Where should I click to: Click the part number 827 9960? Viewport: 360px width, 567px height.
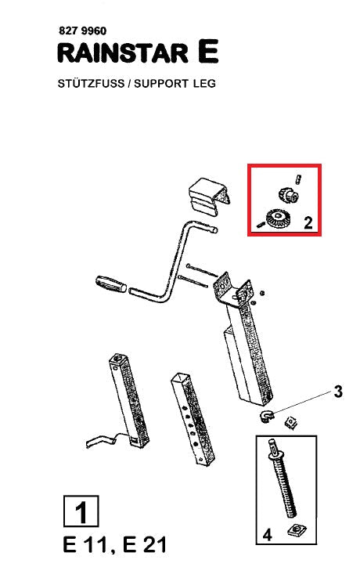[x=82, y=31]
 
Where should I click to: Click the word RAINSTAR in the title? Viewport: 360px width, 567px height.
[x=123, y=53]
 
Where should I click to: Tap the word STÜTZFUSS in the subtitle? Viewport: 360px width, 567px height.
[x=91, y=83]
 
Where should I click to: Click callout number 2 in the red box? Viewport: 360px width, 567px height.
[x=308, y=222]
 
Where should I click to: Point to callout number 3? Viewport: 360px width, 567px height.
[x=338, y=392]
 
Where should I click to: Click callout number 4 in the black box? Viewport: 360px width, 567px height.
[x=267, y=534]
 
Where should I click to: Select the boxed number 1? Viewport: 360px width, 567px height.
[x=81, y=511]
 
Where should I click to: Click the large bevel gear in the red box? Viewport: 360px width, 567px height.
[x=277, y=219]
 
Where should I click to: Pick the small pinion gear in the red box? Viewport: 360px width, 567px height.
[x=289, y=195]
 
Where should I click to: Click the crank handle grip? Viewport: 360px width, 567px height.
[x=111, y=283]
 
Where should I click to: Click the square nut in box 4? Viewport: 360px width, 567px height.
[x=297, y=530]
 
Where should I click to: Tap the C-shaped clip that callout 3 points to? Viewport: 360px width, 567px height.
[x=267, y=416]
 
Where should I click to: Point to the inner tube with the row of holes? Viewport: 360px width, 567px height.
[x=193, y=419]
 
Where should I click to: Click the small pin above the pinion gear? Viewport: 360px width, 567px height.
[x=298, y=179]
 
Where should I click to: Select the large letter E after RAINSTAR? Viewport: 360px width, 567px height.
[x=208, y=52]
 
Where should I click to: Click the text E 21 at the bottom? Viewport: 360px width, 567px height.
[x=145, y=545]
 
